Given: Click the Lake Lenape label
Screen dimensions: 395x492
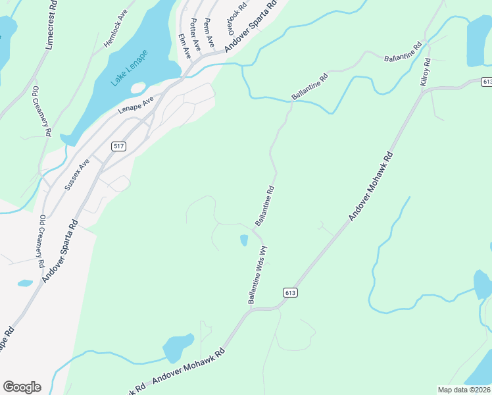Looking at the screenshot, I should pyautogui.click(x=130, y=68).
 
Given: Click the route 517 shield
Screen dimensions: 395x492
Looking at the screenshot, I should pyautogui.click(x=118, y=146).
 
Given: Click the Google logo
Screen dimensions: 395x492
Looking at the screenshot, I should pyautogui.click(x=22, y=387).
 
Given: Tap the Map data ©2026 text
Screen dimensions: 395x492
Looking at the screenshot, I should pyautogui.click(x=464, y=390).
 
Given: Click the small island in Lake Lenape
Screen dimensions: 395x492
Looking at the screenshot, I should pyautogui.click(x=138, y=88).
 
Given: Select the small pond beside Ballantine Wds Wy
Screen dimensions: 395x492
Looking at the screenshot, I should pyautogui.click(x=244, y=240).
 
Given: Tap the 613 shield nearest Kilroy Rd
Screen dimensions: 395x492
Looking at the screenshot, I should pyautogui.click(x=487, y=81).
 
